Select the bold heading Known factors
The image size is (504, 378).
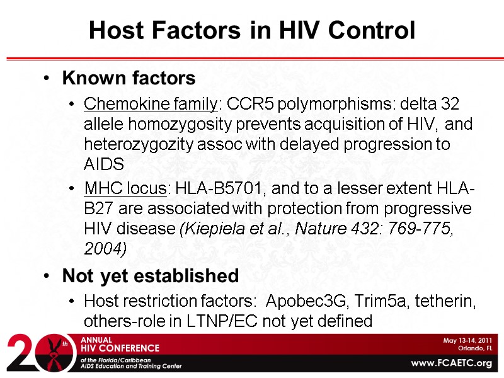tap(129, 78)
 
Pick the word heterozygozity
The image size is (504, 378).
tap(128, 144)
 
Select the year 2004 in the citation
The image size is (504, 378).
tap(105, 249)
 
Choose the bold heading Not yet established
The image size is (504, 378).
tap(150, 276)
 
